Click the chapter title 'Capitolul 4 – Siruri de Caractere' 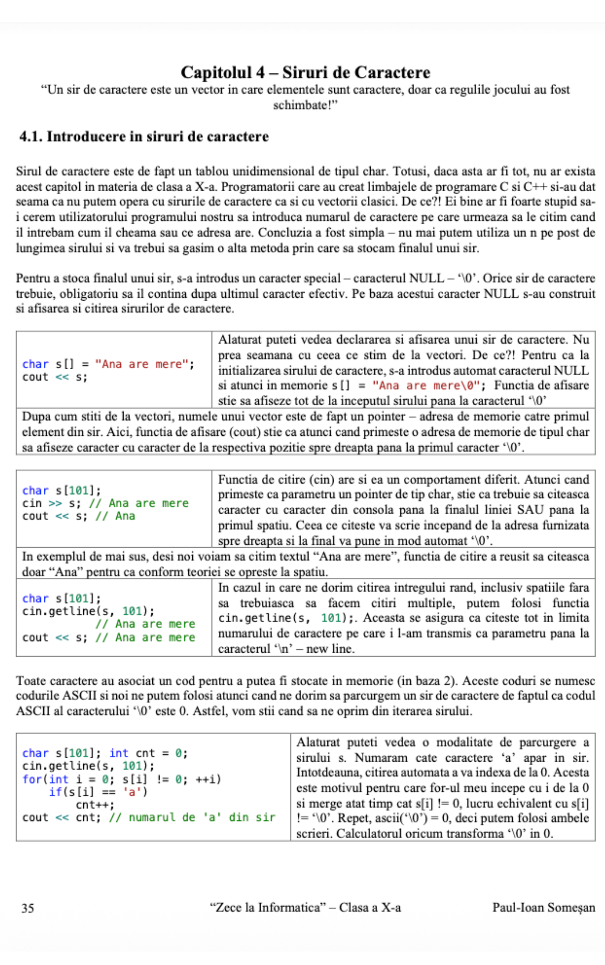[305, 72]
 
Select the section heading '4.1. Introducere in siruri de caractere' [144, 136]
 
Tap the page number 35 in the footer [28, 908]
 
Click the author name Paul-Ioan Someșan [543, 907]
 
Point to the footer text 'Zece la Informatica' [265, 907]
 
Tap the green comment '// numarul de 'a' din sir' [192, 817]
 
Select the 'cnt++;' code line [95, 805]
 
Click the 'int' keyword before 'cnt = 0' [119, 753]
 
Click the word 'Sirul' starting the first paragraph [29, 171]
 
